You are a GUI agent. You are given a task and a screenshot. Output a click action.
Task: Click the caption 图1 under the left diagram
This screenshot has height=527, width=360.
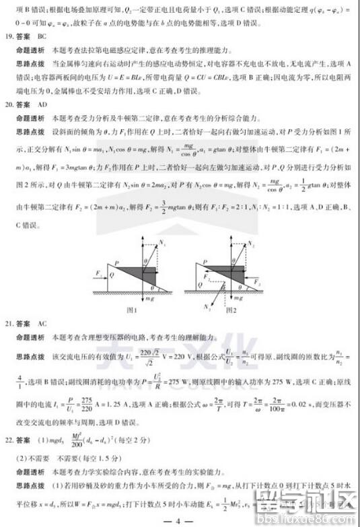(133, 310)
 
